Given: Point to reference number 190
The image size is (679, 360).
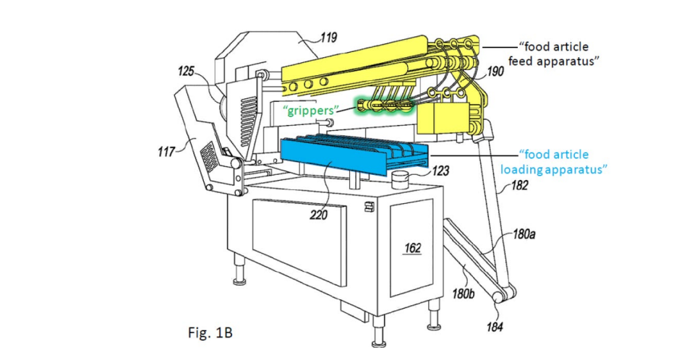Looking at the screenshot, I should (495, 72).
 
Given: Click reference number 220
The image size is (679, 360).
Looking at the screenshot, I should (318, 215).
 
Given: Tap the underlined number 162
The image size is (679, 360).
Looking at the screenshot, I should (412, 247).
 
